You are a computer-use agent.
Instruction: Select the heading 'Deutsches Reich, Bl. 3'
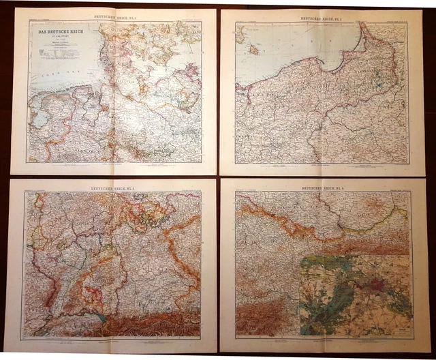click(112, 186)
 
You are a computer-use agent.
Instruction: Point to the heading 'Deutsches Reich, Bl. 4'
click(324, 186)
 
